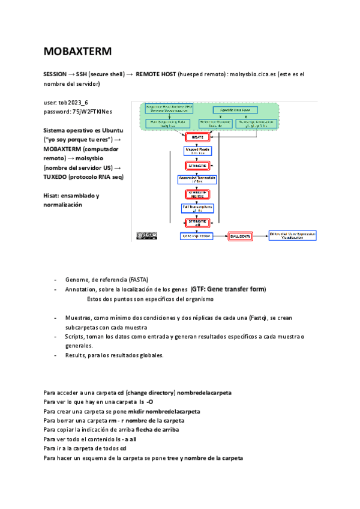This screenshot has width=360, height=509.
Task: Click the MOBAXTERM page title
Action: (78, 52)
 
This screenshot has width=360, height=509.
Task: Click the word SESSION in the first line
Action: (55, 74)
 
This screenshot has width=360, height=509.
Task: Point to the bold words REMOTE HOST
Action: (155, 74)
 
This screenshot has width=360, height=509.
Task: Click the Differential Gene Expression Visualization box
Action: (293, 236)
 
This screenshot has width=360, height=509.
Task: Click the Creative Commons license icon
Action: (148, 236)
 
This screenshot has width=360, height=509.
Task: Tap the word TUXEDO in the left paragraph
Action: (55, 177)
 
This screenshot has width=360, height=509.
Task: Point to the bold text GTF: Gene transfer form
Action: (228, 289)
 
